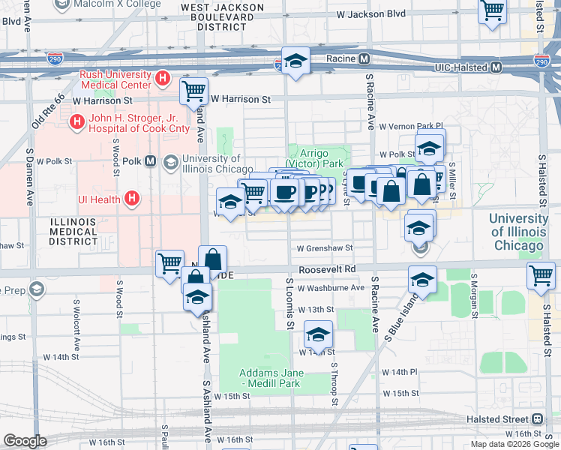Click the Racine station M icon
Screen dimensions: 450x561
[x=363, y=58]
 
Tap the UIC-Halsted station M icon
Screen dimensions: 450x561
[x=496, y=67]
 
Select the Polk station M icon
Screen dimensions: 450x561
[x=151, y=161]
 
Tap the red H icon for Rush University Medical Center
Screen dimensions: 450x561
[x=161, y=78]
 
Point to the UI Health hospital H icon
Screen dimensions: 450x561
[x=132, y=199]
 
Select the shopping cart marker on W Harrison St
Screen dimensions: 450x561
[x=194, y=91]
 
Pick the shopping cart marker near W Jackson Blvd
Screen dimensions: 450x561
[x=492, y=11]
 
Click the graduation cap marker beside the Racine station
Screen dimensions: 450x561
[x=295, y=61]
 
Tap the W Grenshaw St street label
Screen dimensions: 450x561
[x=324, y=247]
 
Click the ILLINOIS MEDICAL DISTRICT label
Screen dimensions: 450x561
[x=73, y=232]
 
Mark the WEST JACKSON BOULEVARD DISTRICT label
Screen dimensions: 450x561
[x=223, y=16]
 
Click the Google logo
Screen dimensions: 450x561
[x=25, y=440]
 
